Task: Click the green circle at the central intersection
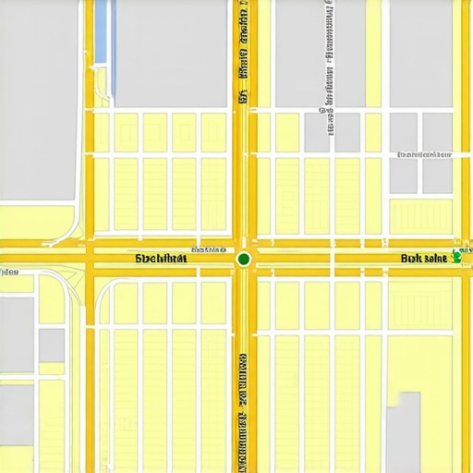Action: (243, 259)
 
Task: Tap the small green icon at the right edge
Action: (456, 258)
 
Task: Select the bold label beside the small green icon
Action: (424, 259)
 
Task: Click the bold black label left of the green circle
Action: (161, 260)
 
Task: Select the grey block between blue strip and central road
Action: (172, 51)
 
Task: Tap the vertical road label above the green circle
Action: (242, 55)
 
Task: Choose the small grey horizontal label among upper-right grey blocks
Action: (421, 154)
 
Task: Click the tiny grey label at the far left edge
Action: (9, 273)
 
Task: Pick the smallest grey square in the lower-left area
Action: (52, 345)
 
